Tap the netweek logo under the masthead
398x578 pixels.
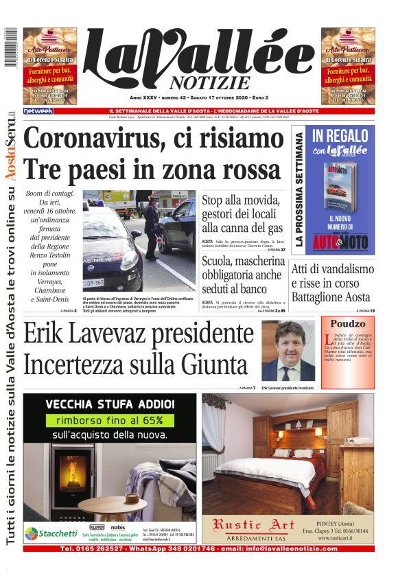(38, 111)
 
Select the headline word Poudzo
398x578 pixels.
(347, 323)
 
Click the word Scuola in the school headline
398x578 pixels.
(222, 261)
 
